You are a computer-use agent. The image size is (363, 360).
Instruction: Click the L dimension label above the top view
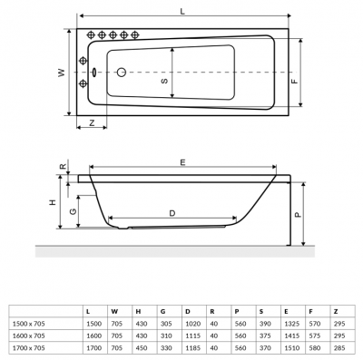coord(183,11)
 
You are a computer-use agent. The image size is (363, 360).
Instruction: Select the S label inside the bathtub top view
coord(164,81)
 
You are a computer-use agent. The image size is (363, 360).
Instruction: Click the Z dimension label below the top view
coord(92,122)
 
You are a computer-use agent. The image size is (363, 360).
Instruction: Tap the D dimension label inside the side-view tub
coord(172,213)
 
